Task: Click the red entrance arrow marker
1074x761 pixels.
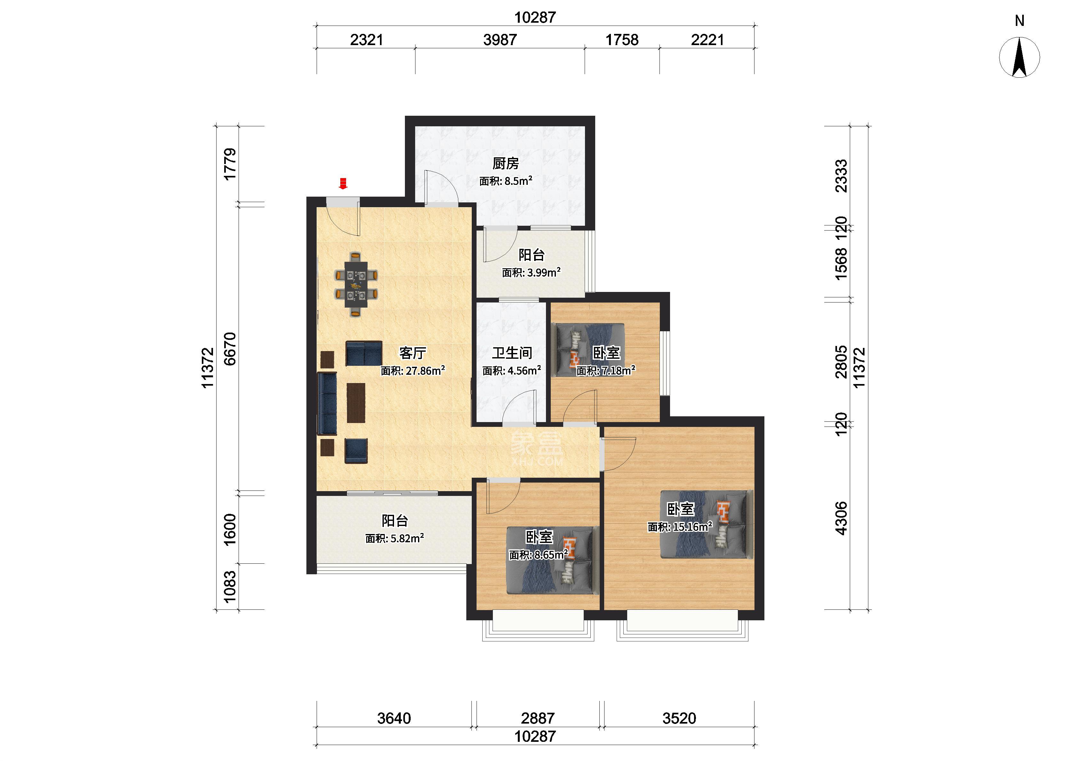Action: tap(343, 183)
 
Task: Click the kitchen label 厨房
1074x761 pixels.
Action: tap(506, 163)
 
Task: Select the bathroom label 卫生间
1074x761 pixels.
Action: tap(512, 353)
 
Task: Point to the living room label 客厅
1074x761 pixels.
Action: tap(412, 353)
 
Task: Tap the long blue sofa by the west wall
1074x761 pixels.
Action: tap(327, 404)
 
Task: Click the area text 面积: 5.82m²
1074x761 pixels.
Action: tap(395, 538)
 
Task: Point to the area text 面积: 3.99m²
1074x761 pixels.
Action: tap(531, 272)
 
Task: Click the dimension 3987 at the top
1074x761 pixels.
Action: tap(500, 40)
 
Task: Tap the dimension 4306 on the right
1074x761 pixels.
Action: tap(841, 518)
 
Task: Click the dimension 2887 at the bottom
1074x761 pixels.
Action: tap(537, 718)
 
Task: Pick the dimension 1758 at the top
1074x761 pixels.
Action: tap(622, 40)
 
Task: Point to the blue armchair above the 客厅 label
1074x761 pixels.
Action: tap(364, 353)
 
